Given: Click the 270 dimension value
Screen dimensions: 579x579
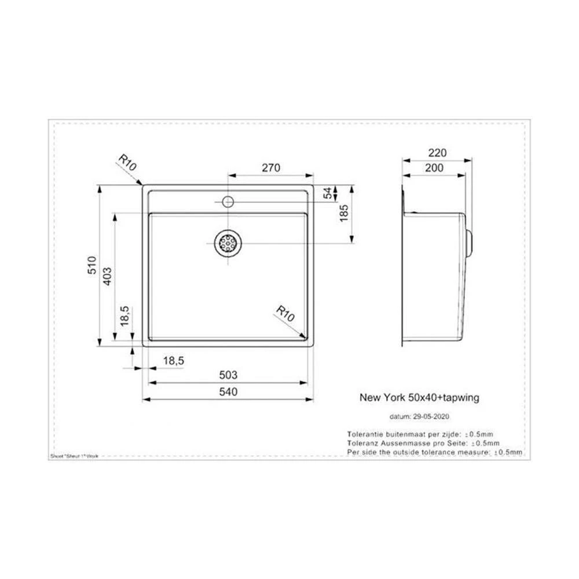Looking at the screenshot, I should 271,168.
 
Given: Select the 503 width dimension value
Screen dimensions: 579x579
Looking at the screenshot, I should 228,375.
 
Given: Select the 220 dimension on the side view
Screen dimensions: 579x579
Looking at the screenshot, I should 437,153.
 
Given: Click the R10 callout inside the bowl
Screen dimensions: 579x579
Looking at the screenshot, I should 285,315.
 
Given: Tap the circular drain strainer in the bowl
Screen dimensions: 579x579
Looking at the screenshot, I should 228,244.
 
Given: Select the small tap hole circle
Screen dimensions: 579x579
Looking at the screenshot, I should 228,201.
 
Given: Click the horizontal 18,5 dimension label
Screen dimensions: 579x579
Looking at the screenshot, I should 173,361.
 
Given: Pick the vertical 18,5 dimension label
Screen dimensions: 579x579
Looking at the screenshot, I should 124,317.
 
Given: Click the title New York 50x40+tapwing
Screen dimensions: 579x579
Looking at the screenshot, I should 420,398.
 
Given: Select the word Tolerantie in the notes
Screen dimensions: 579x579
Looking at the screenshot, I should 364,434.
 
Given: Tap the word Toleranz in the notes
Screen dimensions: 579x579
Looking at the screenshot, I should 363,443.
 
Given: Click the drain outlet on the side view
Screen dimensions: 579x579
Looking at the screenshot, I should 470,244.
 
